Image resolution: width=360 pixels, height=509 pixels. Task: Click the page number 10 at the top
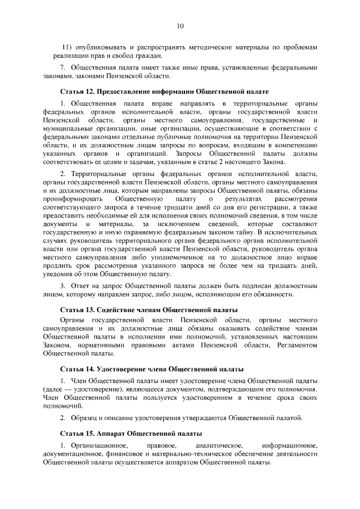(180, 25)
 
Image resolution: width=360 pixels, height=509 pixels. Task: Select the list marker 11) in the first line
(67, 47)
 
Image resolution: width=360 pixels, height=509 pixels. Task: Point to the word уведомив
(57, 273)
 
